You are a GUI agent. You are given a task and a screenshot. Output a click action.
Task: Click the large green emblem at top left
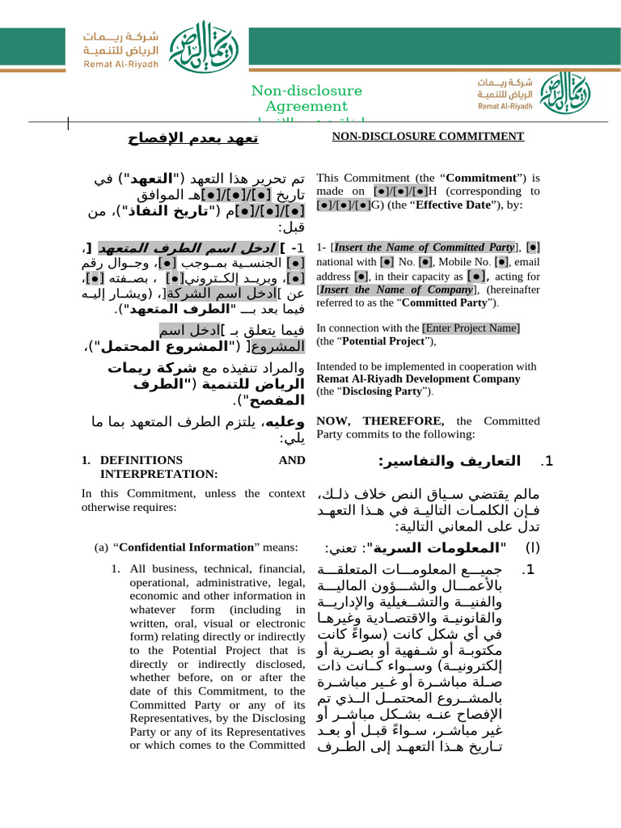click(x=188, y=42)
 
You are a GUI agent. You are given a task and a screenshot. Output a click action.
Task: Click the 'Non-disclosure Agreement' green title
click(x=306, y=99)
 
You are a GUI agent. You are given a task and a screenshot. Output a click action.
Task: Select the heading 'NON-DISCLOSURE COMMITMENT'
click(x=429, y=137)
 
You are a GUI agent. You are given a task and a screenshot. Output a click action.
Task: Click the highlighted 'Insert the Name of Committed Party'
click(x=425, y=247)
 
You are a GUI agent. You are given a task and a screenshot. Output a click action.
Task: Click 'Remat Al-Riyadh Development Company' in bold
click(x=418, y=378)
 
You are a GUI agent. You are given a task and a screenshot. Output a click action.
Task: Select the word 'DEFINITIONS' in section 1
click(x=130, y=460)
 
